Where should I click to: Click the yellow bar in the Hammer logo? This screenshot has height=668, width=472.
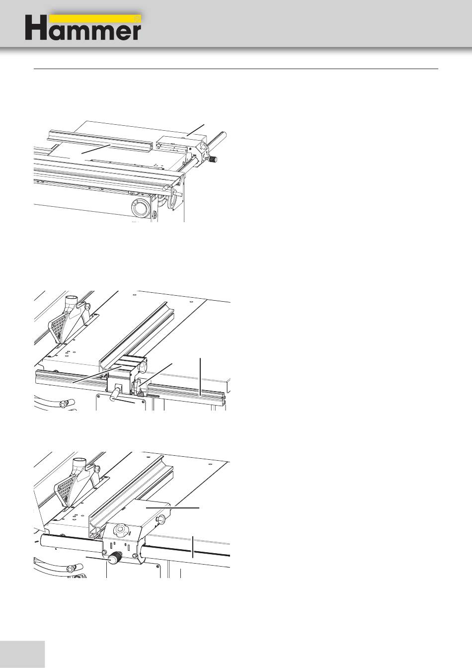[95, 19]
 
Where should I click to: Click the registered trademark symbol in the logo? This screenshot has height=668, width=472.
[137, 18]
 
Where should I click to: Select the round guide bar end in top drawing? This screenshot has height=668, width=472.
[225, 135]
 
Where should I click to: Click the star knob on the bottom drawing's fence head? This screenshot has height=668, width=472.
[120, 530]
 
